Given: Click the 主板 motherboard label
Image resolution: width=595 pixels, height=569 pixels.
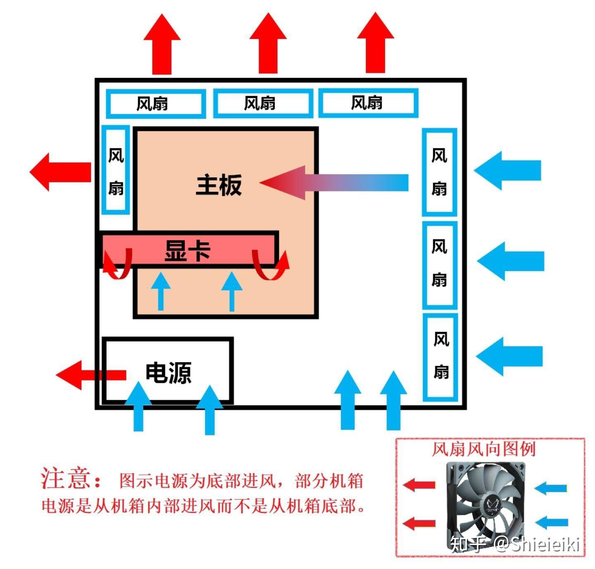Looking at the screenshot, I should click(219, 185).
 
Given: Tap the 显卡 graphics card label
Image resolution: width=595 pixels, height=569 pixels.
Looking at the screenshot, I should click(187, 250).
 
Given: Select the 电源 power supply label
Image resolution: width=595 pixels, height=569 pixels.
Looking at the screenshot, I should click(168, 373).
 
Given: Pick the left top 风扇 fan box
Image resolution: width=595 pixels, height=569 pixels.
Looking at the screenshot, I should click(155, 103).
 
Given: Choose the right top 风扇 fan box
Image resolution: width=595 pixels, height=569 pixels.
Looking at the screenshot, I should click(368, 102).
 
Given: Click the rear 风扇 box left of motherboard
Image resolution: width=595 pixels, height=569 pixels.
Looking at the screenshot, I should click(116, 170).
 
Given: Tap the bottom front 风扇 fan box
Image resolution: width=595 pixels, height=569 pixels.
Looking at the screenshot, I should click(440, 356).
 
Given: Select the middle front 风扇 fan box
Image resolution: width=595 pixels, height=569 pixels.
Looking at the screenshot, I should click(439, 265).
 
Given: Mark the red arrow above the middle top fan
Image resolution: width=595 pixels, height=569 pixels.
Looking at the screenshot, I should click(268, 43).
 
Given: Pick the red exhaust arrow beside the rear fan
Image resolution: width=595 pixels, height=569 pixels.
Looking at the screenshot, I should click(60, 172).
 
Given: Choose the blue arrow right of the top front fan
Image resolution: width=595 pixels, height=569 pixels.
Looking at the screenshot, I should click(508, 170).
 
